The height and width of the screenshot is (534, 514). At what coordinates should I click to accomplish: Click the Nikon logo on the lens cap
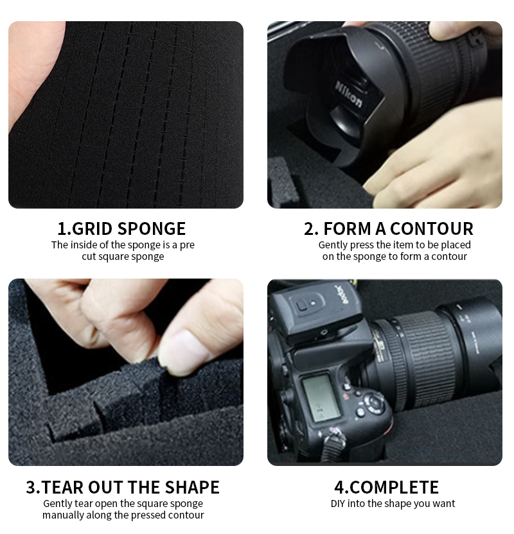pos(348,94)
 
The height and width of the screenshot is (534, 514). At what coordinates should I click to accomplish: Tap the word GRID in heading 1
pos(93,228)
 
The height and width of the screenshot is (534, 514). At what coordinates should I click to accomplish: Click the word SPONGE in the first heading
pos(152,228)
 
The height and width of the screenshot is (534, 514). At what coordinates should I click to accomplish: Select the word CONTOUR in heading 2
pos(432,228)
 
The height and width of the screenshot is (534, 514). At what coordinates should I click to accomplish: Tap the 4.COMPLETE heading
pos(387,487)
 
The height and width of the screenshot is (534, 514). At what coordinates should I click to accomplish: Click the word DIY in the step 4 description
pos(338,503)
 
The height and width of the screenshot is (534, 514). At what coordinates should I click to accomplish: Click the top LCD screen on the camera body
pos(321,398)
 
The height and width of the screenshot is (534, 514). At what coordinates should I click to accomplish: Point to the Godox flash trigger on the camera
pos(314,313)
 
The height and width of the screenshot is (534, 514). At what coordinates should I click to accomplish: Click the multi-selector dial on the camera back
pos(374,402)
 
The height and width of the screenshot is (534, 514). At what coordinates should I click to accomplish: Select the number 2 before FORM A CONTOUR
pos(311,228)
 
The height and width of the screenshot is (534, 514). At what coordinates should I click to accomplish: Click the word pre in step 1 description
pos(187,246)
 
